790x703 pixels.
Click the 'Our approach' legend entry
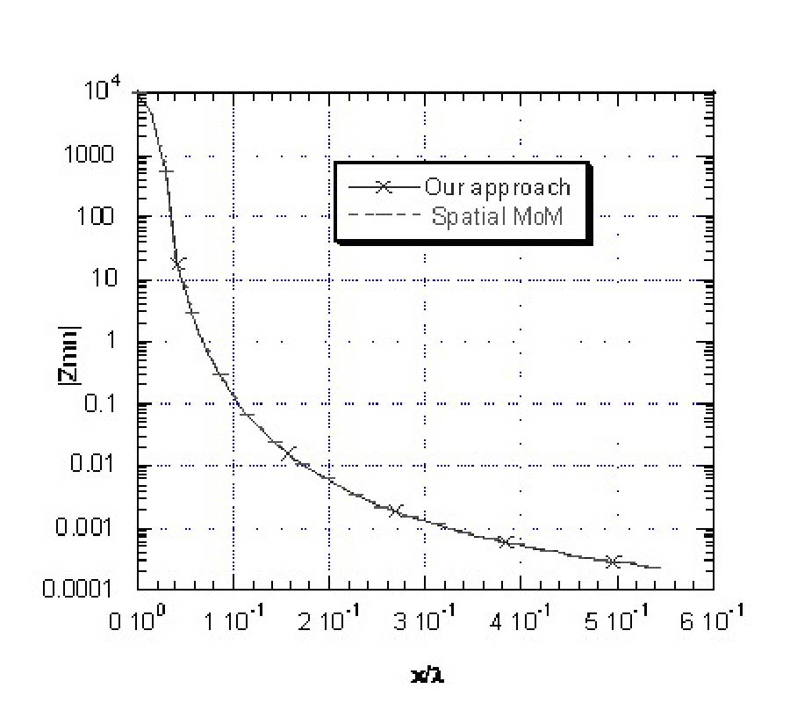point(498,187)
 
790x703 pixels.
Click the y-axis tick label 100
point(114,217)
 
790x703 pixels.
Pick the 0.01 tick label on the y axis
point(111,466)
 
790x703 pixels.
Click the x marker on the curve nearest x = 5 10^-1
point(614,561)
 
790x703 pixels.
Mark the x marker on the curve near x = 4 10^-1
point(506,541)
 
